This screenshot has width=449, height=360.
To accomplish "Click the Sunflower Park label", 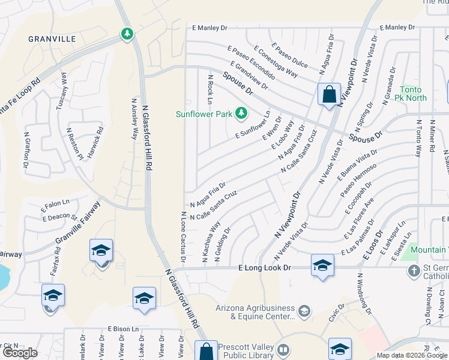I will (203, 113).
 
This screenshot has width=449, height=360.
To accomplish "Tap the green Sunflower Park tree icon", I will (241, 112).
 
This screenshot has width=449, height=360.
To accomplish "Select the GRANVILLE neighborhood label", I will (52, 39).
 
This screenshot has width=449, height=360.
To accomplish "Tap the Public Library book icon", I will (284, 349).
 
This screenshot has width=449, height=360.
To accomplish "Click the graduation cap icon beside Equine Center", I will (304, 310).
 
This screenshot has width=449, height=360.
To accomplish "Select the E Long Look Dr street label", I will (264, 268).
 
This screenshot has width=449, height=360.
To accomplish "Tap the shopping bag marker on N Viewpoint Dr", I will (329, 94).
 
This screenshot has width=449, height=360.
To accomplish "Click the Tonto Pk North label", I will (413, 94).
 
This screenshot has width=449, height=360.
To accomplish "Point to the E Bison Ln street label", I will (123, 329).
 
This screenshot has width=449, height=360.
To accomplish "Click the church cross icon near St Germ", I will (414, 271).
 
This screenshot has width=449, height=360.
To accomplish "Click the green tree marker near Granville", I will (127, 34).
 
